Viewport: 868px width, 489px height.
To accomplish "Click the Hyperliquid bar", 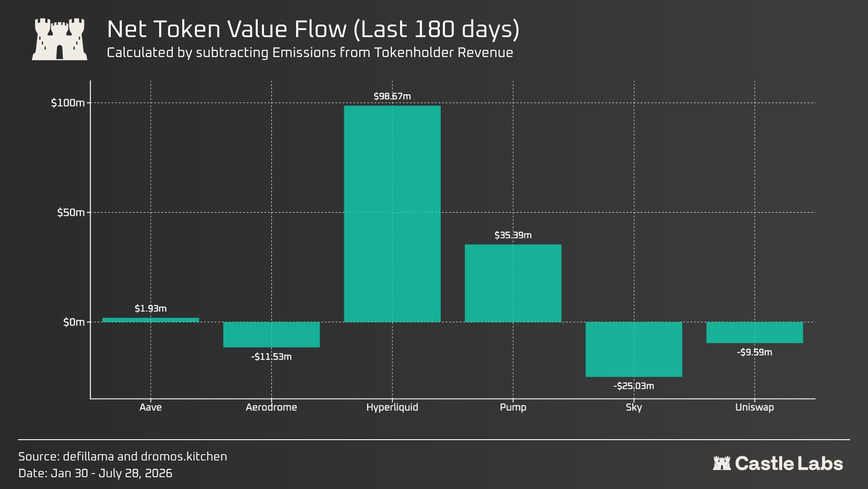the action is click(x=392, y=214).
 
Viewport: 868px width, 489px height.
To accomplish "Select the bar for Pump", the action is click(x=513, y=283).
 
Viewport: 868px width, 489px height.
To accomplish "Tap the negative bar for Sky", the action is click(x=634, y=349).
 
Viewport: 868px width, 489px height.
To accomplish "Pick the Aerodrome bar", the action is click(x=271, y=335).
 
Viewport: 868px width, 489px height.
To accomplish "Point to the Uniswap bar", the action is click(x=755, y=332).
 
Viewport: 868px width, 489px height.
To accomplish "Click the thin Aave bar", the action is click(x=151, y=320).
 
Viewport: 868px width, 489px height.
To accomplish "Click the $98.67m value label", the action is click(x=392, y=96).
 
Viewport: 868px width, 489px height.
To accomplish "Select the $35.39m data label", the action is click(x=513, y=235).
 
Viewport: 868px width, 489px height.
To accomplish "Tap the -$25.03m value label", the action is click(x=634, y=386).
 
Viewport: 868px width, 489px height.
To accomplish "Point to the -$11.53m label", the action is click(x=271, y=357).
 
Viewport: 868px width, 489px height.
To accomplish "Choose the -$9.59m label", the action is click(x=755, y=352).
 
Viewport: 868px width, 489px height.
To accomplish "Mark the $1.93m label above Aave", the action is click(x=151, y=308).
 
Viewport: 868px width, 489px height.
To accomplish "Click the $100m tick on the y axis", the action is click(x=68, y=103).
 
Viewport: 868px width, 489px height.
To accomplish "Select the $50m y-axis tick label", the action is click(x=71, y=212).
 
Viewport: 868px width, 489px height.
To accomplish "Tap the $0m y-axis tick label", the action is click(x=74, y=322).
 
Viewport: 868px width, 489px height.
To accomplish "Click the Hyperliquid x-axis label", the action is click(x=392, y=407).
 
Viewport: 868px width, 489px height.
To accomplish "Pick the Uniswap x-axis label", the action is click(x=755, y=407).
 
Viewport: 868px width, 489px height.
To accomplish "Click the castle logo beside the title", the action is click(x=60, y=39).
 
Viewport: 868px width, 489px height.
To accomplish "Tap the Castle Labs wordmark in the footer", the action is click(x=778, y=464).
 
